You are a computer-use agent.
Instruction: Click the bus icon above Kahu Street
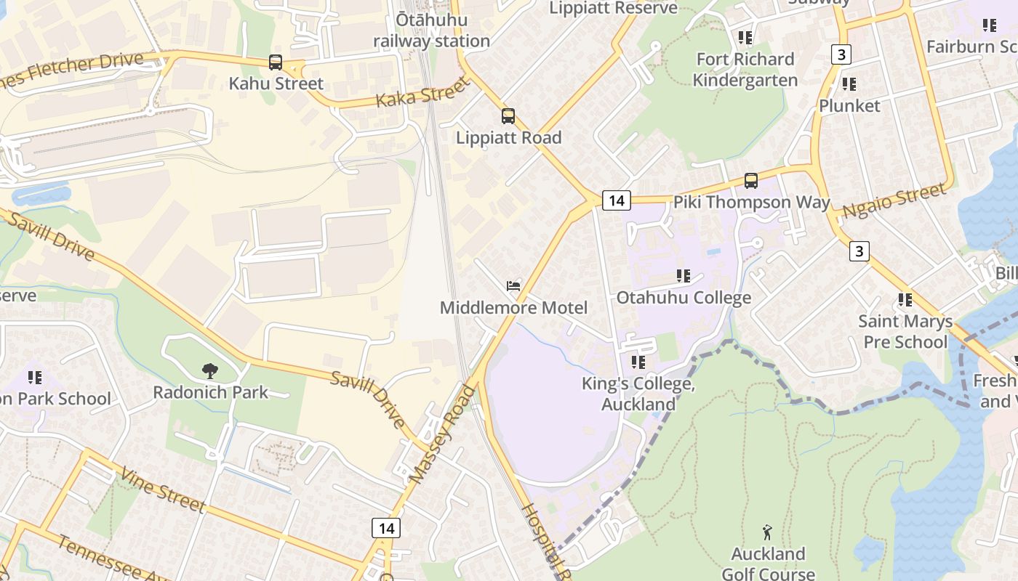click(x=276, y=62)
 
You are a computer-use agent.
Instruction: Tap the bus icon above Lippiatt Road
click(x=508, y=116)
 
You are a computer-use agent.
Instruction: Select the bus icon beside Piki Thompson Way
click(x=751, y=181)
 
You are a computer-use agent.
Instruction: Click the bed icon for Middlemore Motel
click(x=513, y=286)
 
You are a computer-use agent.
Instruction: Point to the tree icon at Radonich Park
click(x=210, y=371)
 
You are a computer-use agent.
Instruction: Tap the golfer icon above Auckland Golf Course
click(x=767, y=533)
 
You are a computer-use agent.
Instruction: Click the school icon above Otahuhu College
click(x=684, y=276)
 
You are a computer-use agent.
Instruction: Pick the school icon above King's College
click(x=638, y=362)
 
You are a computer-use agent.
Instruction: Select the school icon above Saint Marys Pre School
click(x=905, y=299)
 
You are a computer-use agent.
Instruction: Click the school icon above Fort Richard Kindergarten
click(x=745, y=37)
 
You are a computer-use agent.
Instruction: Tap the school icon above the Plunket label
click(x=849, y=84)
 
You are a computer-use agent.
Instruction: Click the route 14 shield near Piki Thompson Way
click(x=616, y=200)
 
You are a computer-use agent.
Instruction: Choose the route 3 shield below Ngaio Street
click(x=859, y=251)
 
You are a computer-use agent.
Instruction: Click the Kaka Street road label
click(x=422, y=94)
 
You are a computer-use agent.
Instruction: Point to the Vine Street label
click(x=162, y=490)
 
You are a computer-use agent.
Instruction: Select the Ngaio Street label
click(x=894, y=201)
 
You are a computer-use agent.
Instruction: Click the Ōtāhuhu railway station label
click(x=432, y=31)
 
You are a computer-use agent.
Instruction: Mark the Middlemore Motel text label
click(x=513, y=308)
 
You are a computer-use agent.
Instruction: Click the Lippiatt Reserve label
click(x=614, y=8)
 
